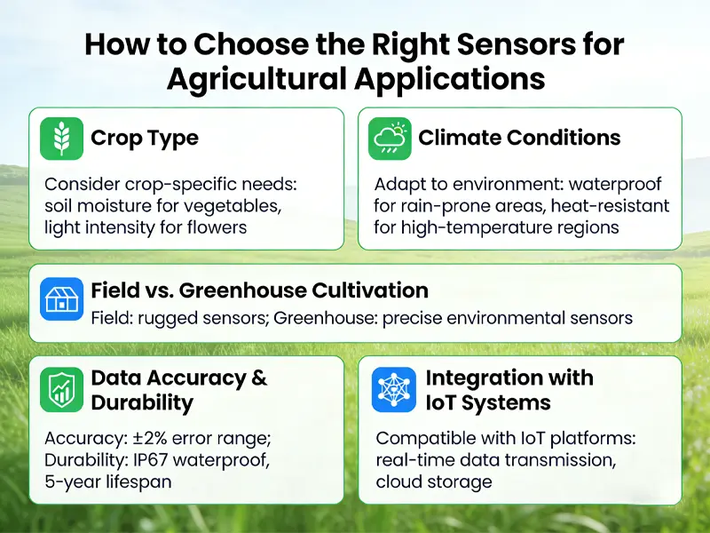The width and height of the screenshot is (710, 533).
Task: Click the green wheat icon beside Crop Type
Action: click(x=62, y=139)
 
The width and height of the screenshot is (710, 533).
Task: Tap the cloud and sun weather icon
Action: click(x=390, y=139)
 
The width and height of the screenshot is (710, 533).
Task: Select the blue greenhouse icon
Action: click(x=62, y=299)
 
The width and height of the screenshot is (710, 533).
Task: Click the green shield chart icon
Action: click(x=62, y=390)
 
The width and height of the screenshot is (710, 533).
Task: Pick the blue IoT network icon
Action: click(x=393, y=390)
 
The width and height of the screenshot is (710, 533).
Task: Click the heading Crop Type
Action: click(x=145, y=139)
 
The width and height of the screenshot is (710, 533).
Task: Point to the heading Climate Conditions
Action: click(x=519, y=139)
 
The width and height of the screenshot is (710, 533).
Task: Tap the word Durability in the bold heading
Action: click(x=142, y=402)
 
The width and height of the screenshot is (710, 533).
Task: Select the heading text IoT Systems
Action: click(x=488, y=402)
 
